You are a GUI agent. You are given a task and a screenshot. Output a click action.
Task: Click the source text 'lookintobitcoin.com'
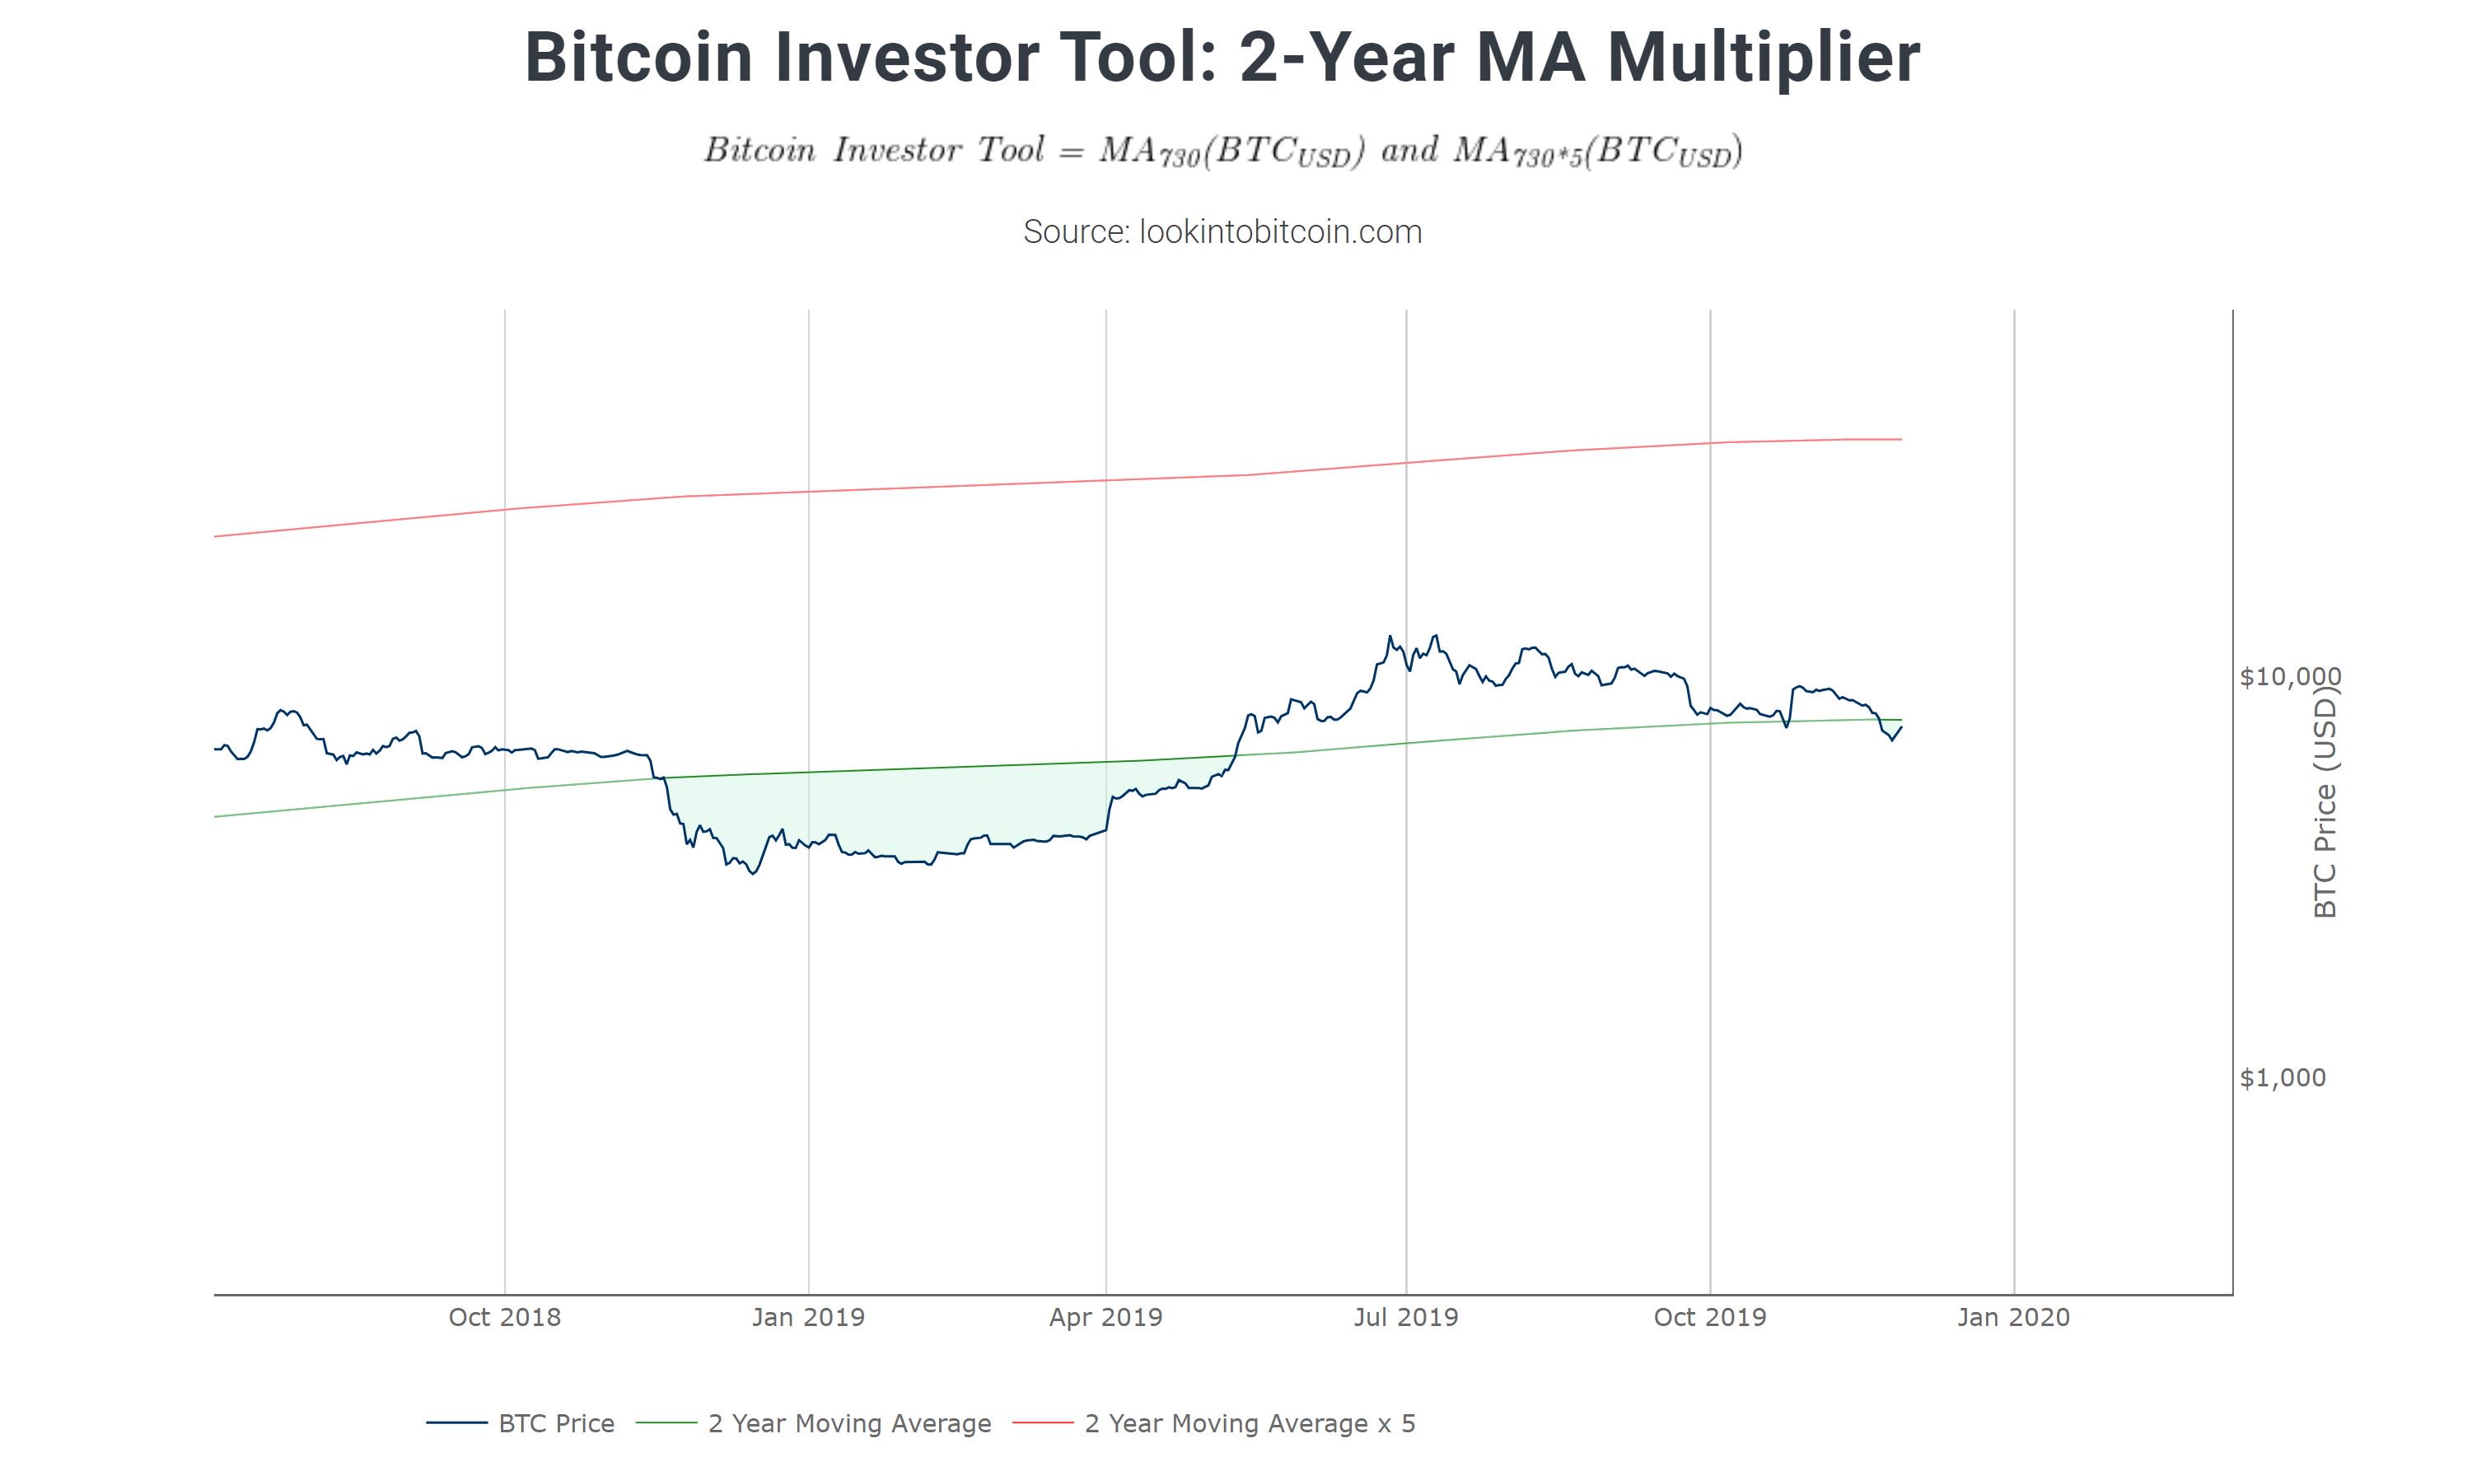[1279, 231]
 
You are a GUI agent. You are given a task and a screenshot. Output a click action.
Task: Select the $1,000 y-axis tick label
[2282, 1077]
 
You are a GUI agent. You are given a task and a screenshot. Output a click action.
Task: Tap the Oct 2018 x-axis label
[504, 1317]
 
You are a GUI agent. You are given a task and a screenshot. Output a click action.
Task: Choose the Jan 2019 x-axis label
[808, 1317]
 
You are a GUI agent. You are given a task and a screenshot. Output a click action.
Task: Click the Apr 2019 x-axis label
[1106, 1317]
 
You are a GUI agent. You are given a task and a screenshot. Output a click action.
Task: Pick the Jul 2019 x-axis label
[1406, 1317]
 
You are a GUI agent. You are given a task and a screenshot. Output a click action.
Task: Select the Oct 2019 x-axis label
[1709, 1317]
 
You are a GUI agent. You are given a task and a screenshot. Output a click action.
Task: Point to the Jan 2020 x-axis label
[2013, 1317]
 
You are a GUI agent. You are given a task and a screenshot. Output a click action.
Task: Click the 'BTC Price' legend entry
[555, 1423]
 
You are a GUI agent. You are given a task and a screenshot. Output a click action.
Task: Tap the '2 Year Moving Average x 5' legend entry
[1249, 1423]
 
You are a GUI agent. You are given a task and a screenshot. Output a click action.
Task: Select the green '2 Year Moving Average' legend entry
[848, 1423]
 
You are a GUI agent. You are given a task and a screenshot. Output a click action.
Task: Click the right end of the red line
[1901, 439]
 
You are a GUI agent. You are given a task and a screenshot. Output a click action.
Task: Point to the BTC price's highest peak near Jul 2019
[1436, 635]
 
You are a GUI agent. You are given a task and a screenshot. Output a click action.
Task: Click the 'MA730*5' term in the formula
[1518, 151]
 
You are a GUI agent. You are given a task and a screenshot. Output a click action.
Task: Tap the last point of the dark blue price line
[1901, 727]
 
